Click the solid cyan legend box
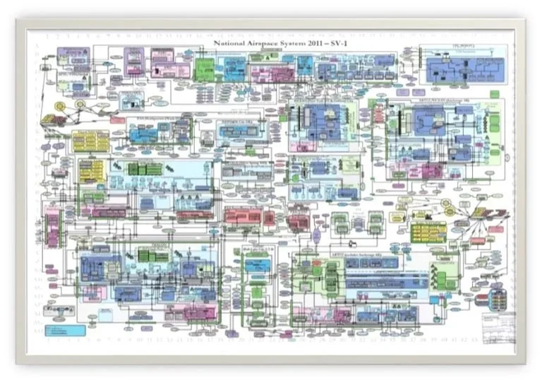(x=64, y=330)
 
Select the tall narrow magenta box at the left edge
(x=51, y=230)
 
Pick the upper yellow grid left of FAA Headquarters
(x=90, y=140)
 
